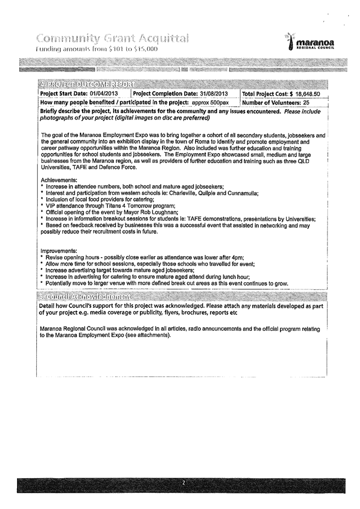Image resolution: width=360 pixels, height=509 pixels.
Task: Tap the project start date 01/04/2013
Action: (x=98, y=94)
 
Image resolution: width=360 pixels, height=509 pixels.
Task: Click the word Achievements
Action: (x=57, y=180)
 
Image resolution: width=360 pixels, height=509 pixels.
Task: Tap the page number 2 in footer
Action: (x=182, y=483)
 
